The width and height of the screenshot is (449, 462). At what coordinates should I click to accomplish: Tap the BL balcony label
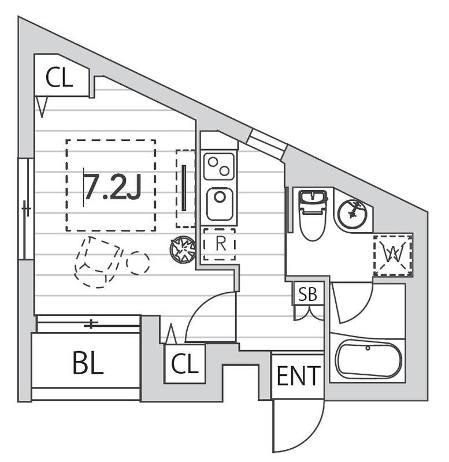click(x=88, y=363)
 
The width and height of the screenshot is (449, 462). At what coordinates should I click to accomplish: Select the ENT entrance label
click(x=298, y=377)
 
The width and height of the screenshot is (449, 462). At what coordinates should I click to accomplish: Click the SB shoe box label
click(x=307, y=295)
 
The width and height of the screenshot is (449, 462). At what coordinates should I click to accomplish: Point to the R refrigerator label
click(x=220, y=244)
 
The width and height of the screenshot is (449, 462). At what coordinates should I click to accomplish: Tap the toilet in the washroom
click(x=313, y=214)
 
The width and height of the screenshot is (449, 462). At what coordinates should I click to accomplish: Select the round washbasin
click(x=352, y=212)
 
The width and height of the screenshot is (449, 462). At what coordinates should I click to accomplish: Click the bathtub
click(x=368, y=359)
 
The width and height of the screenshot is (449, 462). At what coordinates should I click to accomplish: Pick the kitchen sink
click(x=220, y=204)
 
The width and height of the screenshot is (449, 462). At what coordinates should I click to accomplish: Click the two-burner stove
click(x=220, y=166)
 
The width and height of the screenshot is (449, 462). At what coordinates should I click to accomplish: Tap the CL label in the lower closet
click(x=184, y=364)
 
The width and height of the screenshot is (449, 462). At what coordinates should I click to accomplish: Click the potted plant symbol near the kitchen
click(x=183, y=250)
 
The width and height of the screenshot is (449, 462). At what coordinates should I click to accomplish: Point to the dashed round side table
click(x=138, y=263)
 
